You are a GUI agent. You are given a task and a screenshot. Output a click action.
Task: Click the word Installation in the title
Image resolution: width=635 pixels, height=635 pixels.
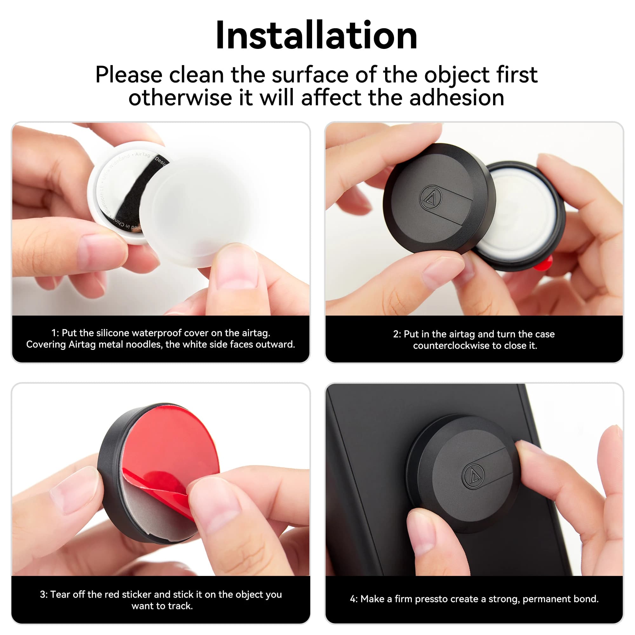tap(316, 35)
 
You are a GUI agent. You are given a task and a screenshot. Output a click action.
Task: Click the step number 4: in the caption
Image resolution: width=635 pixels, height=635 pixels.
tap(354, 599)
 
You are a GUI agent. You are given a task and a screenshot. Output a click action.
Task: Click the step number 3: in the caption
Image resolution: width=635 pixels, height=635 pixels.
tap(44, 594)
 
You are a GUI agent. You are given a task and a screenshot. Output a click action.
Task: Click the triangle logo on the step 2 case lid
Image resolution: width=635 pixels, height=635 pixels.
tap(431, 197)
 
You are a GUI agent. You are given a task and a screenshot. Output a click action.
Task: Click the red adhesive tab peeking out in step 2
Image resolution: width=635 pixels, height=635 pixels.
tap(544, 263)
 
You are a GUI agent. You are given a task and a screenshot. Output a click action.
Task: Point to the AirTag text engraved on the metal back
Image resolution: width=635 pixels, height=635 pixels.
tap(143, 155)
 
